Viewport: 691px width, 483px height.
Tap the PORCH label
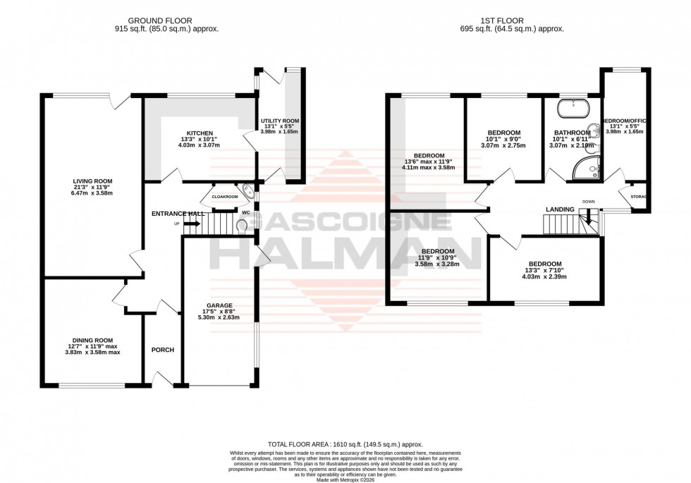click(x=162, y=350)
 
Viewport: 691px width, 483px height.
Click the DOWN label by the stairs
click(x=589, y=202)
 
